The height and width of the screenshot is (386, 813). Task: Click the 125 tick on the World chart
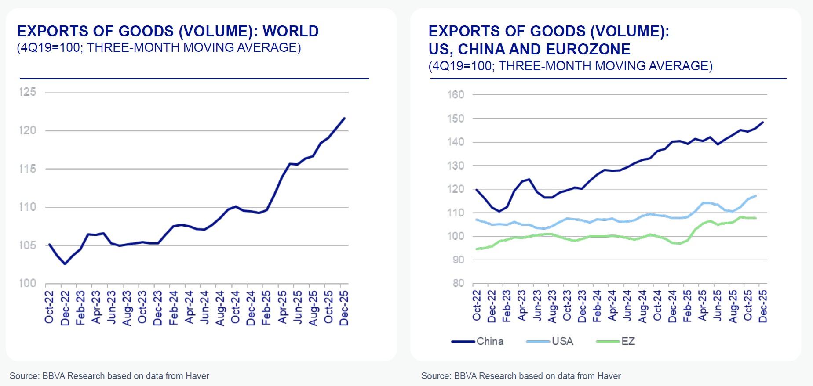(27, 92)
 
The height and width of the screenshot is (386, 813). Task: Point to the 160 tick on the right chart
(455, 95)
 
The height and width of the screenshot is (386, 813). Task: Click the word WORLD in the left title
(290, 31)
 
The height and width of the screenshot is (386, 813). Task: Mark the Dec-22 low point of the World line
(65, 264)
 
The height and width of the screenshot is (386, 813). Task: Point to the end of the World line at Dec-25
(344, 118)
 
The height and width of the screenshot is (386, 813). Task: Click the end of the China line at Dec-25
(762, 122)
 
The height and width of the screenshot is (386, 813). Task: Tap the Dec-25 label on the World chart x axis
(344, 307)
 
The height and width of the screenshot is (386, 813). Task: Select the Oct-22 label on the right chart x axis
(477, 305)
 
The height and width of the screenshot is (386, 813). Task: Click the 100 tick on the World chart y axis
(27, 283)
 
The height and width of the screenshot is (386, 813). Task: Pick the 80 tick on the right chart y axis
(458, 283)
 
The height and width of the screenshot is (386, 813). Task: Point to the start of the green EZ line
(477, 249)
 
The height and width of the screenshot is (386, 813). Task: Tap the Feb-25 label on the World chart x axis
(266, 307)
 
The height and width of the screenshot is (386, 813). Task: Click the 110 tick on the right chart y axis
(455, 213)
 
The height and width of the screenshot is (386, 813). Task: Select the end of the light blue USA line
(755, 196)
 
